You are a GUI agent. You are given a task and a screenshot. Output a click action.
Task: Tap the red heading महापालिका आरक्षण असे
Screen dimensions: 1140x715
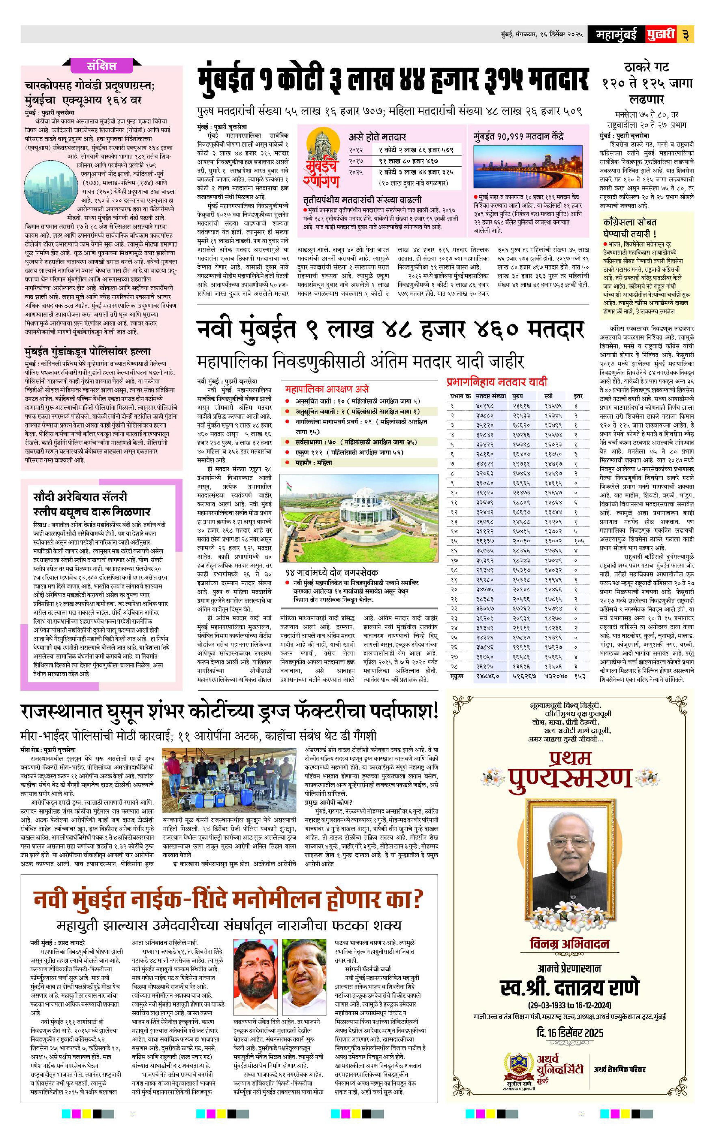pyautogui.click(x=327, y=390)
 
